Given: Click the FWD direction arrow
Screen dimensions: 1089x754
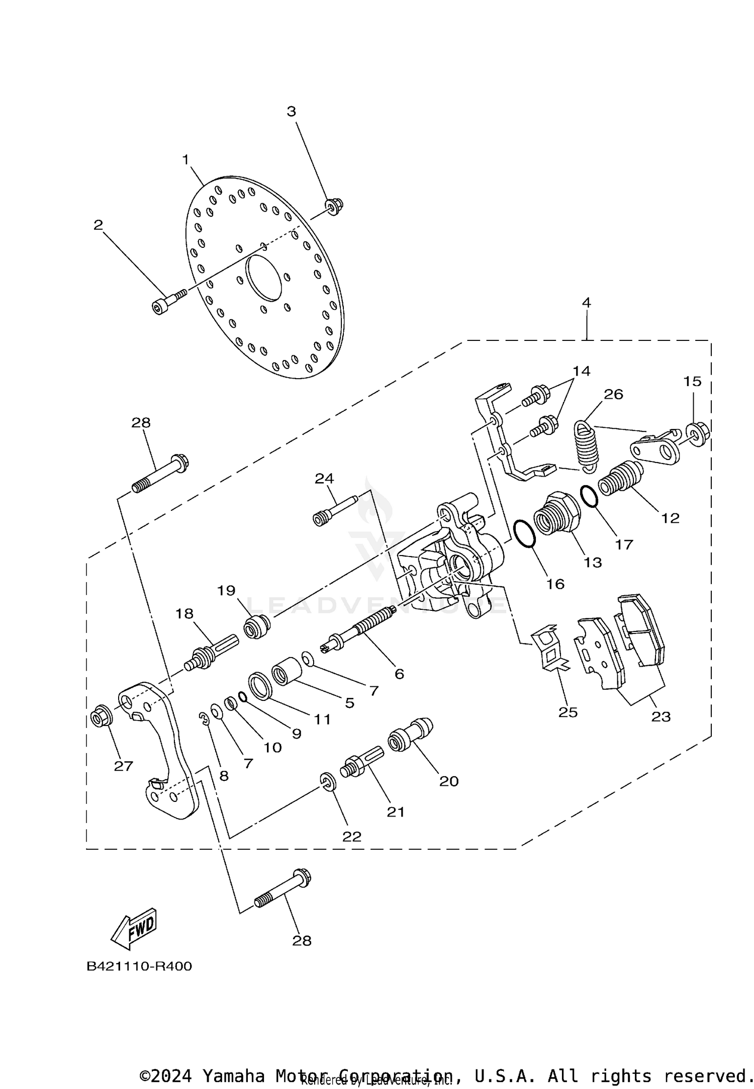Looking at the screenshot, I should [x=134, y=928].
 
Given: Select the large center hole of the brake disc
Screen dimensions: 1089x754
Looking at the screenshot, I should [x=263, y=278].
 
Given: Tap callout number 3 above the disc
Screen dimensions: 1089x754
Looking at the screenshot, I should [x=292, y=112].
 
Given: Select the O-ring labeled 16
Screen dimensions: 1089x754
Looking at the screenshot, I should [x=525, y=533].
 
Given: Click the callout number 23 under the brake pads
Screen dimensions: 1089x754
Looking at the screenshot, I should [x=661, y=716].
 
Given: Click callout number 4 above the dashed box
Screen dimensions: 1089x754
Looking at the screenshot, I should [x=586, y=303].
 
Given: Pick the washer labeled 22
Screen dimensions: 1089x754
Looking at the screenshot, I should [x=328, y=782].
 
